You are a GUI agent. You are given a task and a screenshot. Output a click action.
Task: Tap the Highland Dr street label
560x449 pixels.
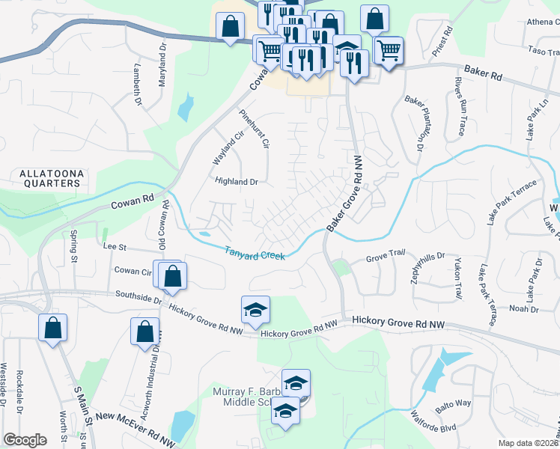tap(236, 182)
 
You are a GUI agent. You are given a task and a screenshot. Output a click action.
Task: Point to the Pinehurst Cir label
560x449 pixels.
tap(253, 129)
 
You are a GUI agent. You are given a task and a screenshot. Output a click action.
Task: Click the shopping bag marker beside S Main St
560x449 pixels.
tap(52, 328)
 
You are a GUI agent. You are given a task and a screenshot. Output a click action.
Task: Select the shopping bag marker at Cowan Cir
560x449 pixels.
tap(173, 275)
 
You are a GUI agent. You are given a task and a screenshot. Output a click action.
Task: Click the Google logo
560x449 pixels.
tap(25, 440)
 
